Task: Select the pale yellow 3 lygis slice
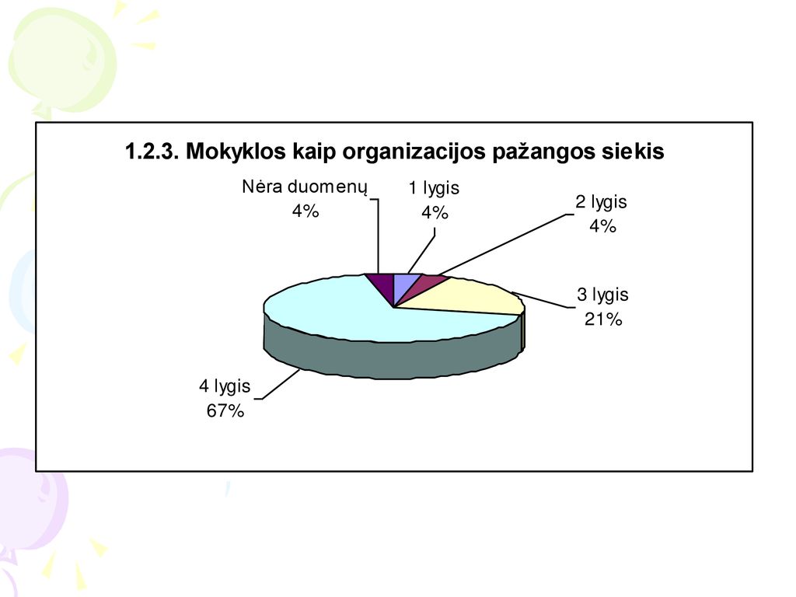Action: click(x=472, y=297)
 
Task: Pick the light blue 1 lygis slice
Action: click(x=404, y=285)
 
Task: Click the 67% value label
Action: click(x=225, y=410)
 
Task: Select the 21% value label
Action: click(x=603, y=319)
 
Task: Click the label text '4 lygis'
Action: click(x=225, y=386)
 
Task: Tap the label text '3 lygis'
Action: click(x=602, y=295)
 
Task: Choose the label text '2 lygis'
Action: click(x=601, y=202)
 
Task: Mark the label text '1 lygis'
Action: click(x=434, y=188)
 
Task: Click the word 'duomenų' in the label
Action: click(x=327, y=187)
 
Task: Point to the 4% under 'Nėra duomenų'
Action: click(x=305, y=211)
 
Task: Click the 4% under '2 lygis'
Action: click(x=602, y=226)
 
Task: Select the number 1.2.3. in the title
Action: click(x=152, y=152)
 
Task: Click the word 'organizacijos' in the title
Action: click(x=415, y=152)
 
